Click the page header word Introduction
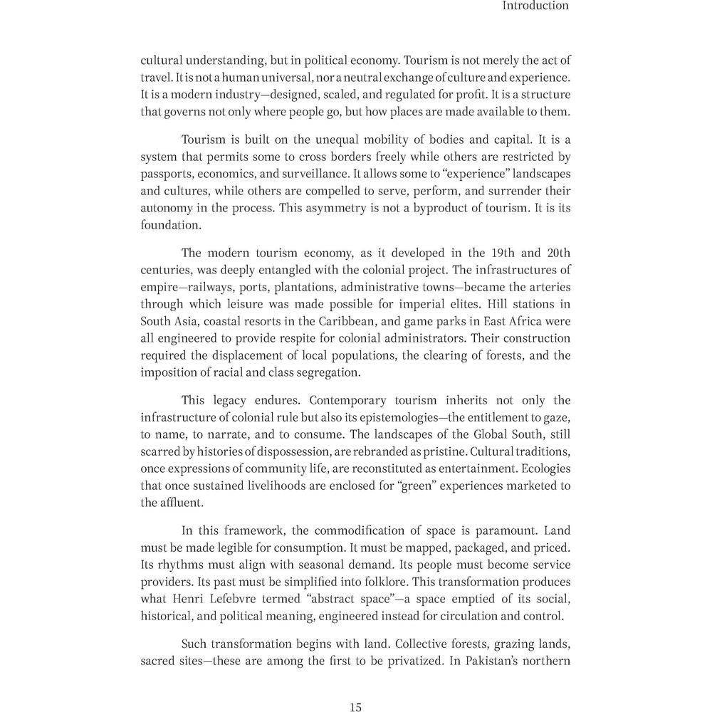[x=535, y=6]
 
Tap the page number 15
[x=356, y=707]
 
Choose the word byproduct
[x=426, y=208]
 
